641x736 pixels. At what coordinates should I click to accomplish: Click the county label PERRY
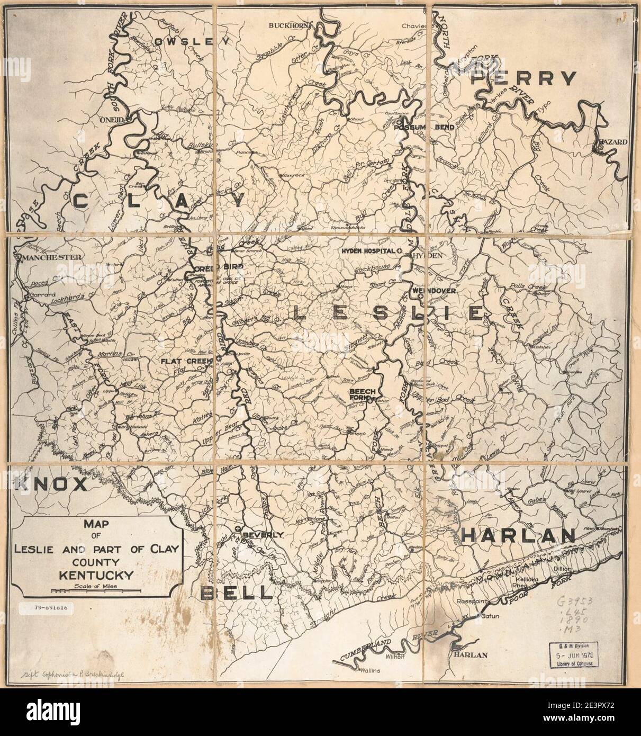[x=523, y=78]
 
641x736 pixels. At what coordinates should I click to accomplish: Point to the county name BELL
[x=237, y=593]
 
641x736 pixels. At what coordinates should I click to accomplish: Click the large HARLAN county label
[x=518, y=535]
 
